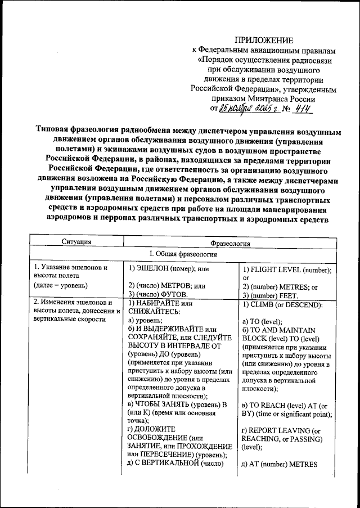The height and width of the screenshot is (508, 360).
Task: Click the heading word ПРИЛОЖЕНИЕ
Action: pyautogui.click(x=264, y=40)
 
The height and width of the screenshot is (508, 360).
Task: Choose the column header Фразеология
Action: pyautogui.click(x=230, y=243)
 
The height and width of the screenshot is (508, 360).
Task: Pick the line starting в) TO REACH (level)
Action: pyautogui.click(x=284, y=406)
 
